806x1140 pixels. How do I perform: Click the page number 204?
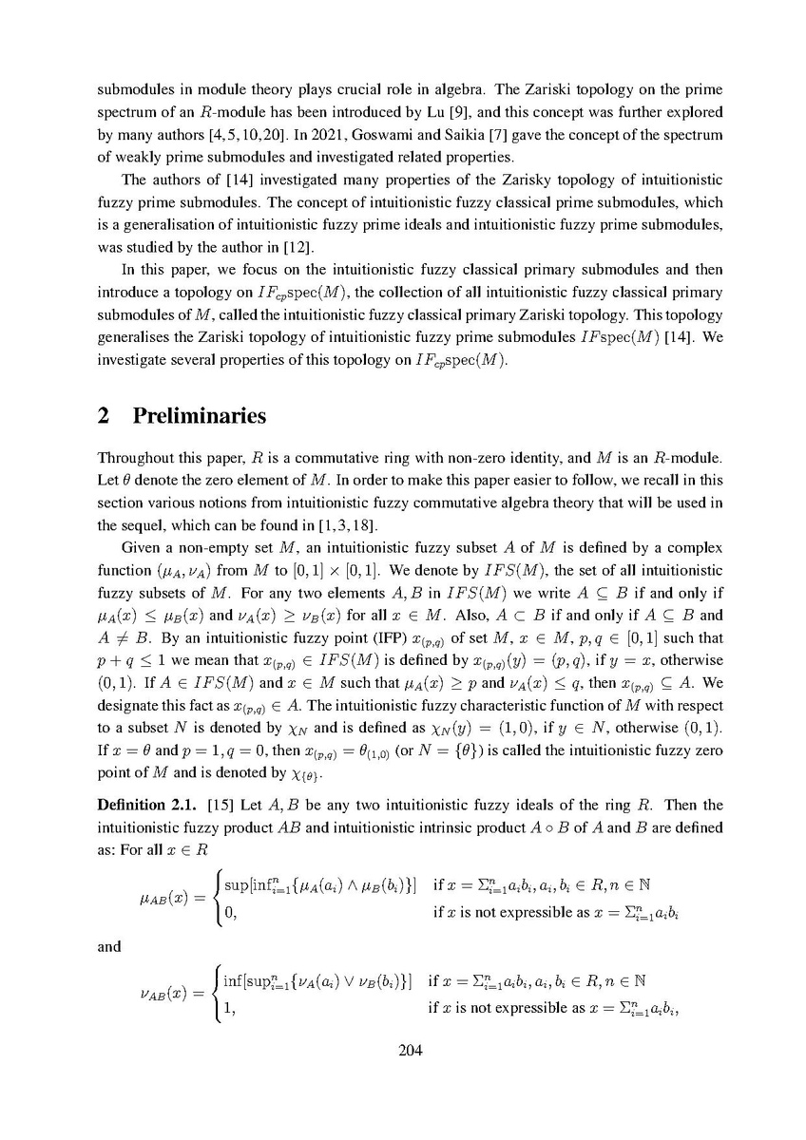(402, 1050)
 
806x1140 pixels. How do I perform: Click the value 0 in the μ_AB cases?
(229, 913)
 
